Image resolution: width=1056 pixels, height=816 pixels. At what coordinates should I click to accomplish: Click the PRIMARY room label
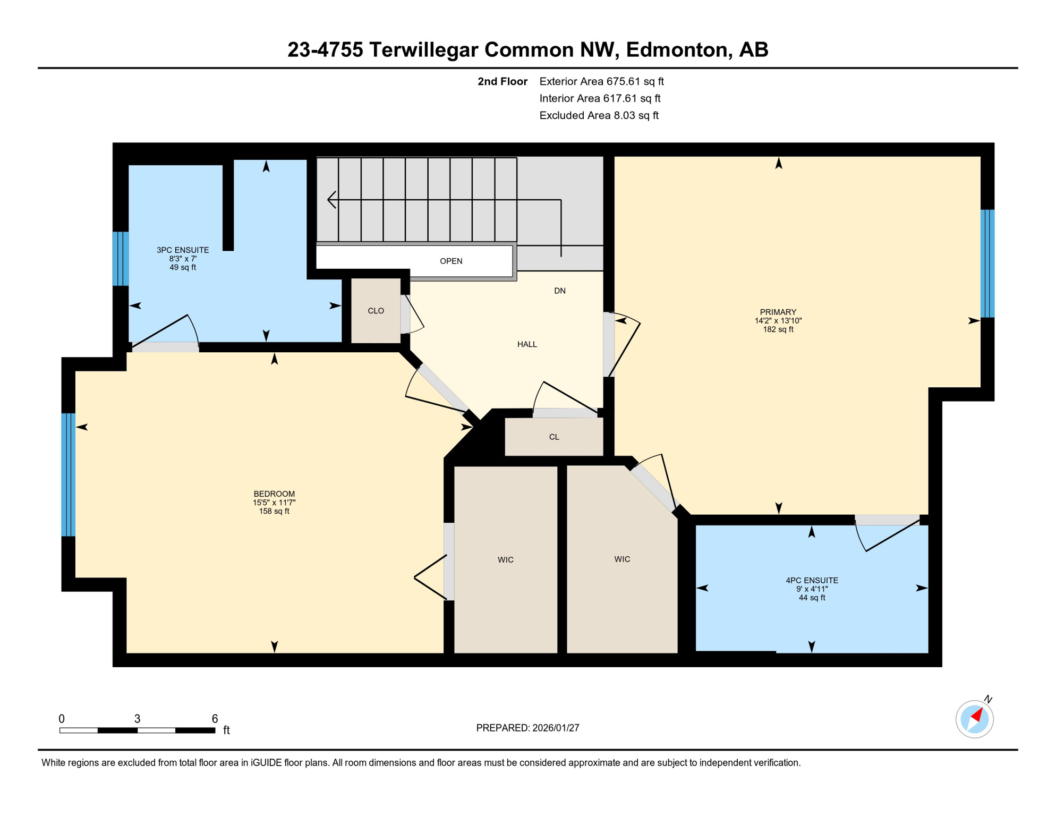(x=778, y=312)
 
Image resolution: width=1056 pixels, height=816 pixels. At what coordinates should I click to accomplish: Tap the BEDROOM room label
(x=274, y=494)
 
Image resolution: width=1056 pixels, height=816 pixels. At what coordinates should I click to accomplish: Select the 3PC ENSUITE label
(x=183, y=250)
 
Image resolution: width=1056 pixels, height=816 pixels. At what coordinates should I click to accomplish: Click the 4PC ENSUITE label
(x=812, y=581)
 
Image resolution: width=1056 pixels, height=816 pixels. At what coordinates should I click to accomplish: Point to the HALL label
(x=527, y=344)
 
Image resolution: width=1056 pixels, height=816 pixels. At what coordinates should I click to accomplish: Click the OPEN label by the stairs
(x=451, y=261)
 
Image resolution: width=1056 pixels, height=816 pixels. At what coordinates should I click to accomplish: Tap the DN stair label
(x=560, y=291)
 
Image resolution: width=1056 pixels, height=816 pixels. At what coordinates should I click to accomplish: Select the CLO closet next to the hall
(x=376, y=311)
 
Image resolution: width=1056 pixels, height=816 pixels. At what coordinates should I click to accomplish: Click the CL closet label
(x=554, y=437)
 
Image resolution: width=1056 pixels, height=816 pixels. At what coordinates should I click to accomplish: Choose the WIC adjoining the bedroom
(x=506, y=559)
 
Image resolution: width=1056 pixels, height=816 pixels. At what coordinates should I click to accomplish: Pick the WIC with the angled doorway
(x=622, y=559)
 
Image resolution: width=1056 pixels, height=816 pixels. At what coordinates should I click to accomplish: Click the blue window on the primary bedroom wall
(x=987, y=263)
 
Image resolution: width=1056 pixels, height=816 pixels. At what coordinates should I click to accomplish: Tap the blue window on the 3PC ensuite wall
(x=121, y=259)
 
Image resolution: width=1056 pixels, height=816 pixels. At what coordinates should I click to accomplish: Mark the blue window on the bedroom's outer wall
(x=69, y=474)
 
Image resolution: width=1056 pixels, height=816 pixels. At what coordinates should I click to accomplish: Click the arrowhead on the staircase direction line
(x=331, y=200)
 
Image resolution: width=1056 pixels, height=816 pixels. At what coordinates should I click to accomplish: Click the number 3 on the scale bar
(x=137, y=719)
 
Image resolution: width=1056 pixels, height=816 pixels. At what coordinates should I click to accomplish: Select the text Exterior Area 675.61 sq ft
(x=601, y=81)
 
